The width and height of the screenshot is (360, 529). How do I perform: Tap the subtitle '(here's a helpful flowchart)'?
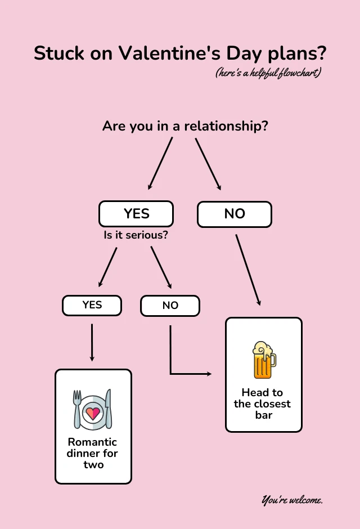[268, 73]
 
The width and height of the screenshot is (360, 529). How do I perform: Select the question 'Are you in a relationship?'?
[185, 126]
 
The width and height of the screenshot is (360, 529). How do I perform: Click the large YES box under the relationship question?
[136, 214]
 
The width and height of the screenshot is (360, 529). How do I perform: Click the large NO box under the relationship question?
[235, 214]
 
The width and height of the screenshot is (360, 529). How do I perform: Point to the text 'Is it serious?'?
[136, 235]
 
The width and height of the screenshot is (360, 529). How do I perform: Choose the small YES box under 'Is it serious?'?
[92, 305]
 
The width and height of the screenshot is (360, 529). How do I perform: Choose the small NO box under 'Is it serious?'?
[170, 306]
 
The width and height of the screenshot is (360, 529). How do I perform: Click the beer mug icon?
[263, 360]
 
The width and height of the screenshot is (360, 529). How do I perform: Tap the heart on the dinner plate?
[93, 413]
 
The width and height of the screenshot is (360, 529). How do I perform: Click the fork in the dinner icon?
[78, 409]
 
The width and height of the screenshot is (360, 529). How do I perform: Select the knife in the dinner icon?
[109, 409]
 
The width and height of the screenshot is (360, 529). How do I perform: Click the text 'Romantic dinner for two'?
[93, 453]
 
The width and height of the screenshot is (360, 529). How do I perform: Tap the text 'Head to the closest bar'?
[263, 404]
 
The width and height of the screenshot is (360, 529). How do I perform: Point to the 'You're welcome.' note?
[292, 500]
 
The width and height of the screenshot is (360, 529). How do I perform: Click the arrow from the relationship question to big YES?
[160, 163]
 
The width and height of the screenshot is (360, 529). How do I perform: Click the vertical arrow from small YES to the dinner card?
[92, 342]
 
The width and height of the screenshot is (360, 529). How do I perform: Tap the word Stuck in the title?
[58, 53]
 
